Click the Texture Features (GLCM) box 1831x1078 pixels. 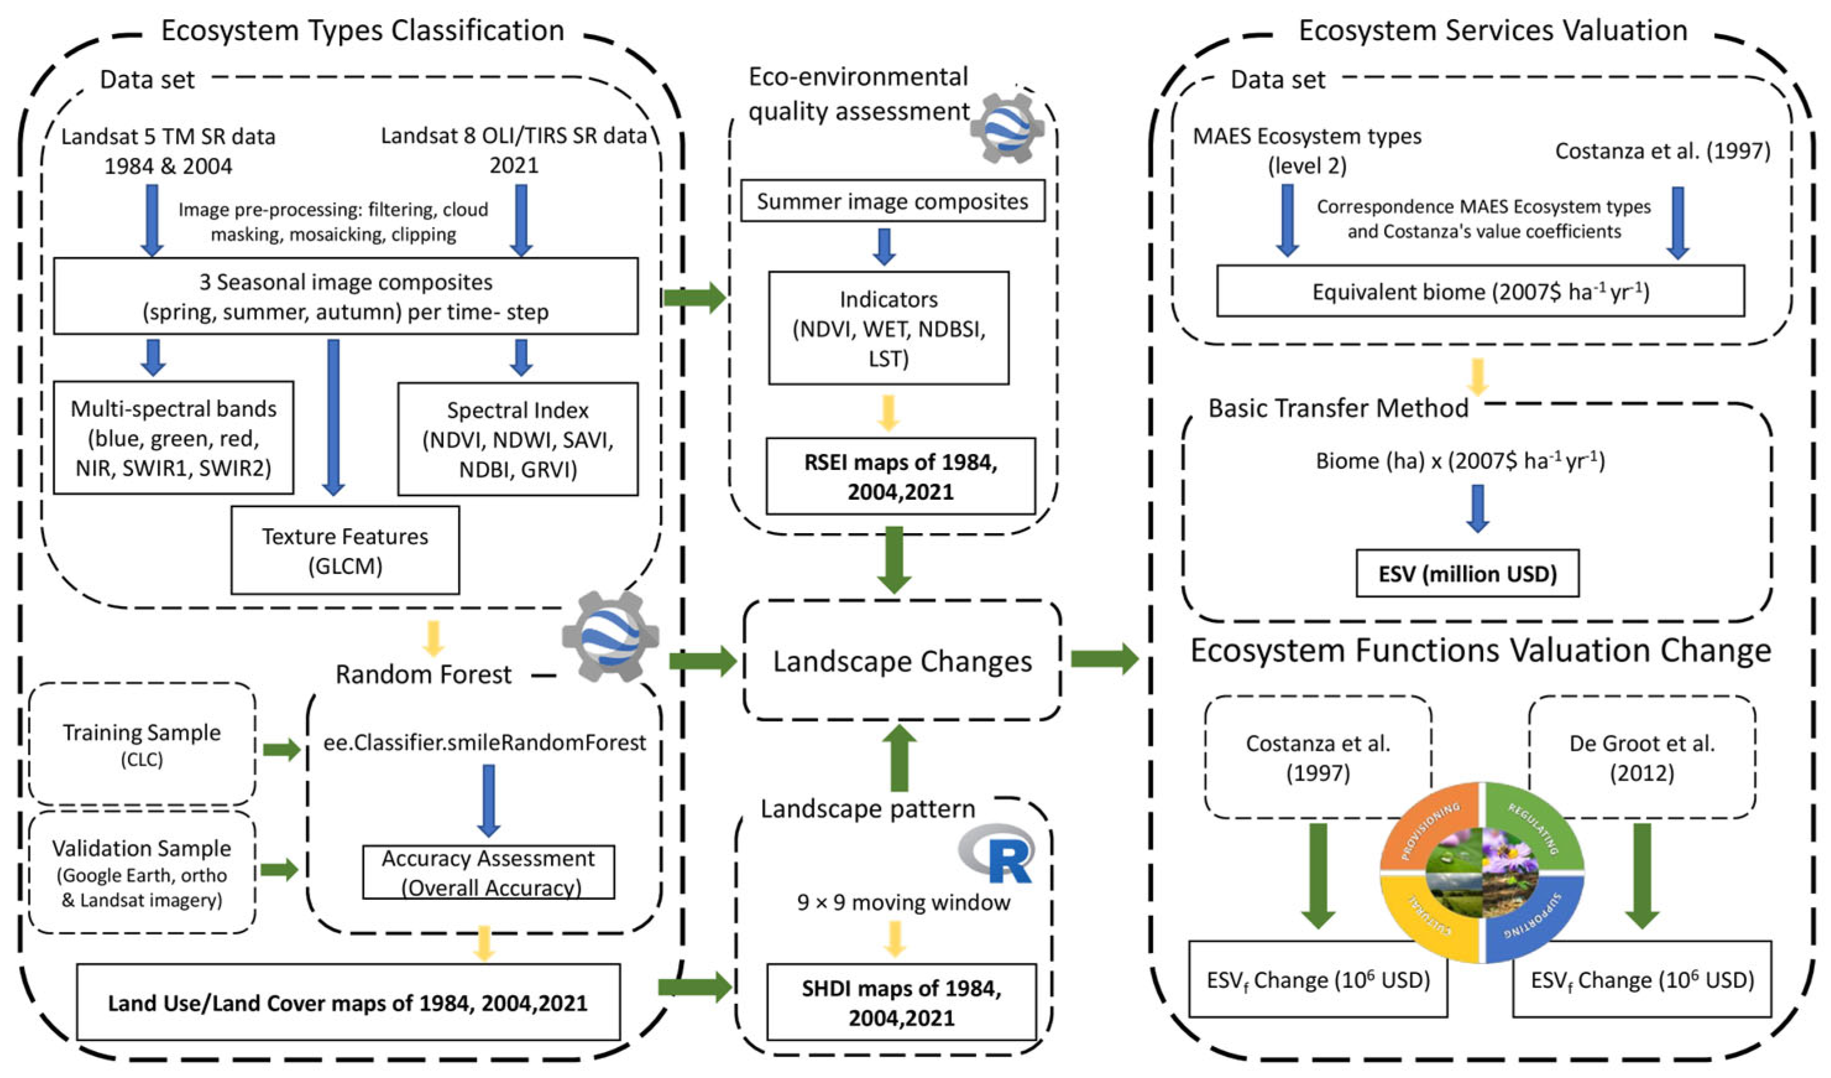pyautogui.click(x=345, y=550)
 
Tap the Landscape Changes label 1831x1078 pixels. pyautogui.click(x=903, y=662)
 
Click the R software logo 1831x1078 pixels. pyautogui.click(x=997, y=853)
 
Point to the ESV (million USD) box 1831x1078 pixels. pyautogui.click(x=1468, y=573)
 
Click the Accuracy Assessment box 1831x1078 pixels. pyautogui.click(x=488, y=872)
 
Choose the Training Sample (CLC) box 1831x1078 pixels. pyautogui.click(x=142, y=743)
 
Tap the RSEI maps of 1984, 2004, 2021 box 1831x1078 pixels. pyautogui.click(x=900, y=476)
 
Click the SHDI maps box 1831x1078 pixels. pyautogui.click(x=902, y=1003)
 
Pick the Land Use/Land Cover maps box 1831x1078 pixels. pyautogui.click(x=348, y=1003)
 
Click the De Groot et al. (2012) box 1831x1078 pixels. pyautogui.click(x=1642, y=758)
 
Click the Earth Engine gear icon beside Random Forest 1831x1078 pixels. pyautogui.click(x=610, y=635)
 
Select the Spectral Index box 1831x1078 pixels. pyautogui.click(x=518, y=439)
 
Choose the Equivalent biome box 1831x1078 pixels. pyautogui.click(x=1481, y=291)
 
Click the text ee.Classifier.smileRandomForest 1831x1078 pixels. pyautogui.click(x=485, y=742)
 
